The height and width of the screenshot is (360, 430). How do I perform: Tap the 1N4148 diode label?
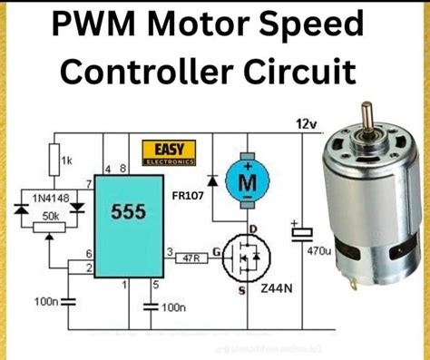coord(39,195)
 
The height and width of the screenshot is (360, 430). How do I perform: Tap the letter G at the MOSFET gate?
coord(217,248)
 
